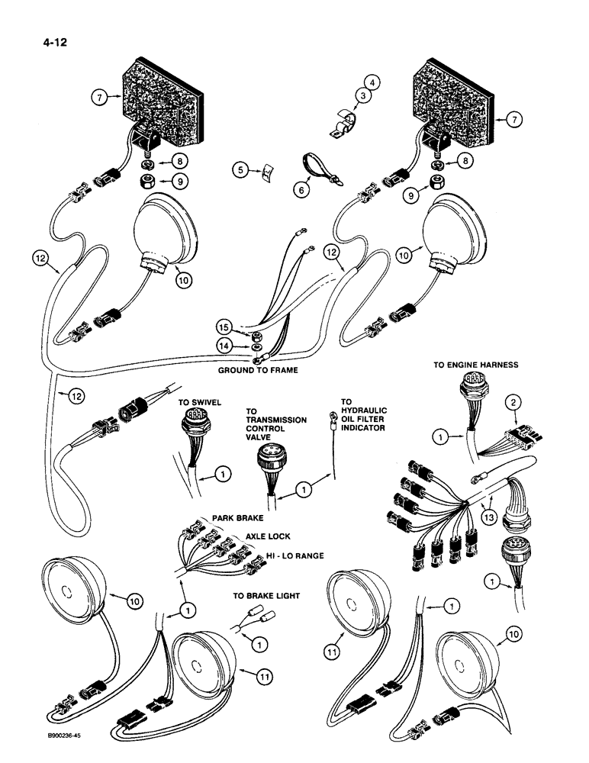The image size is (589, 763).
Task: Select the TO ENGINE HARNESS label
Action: point(476,365)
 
